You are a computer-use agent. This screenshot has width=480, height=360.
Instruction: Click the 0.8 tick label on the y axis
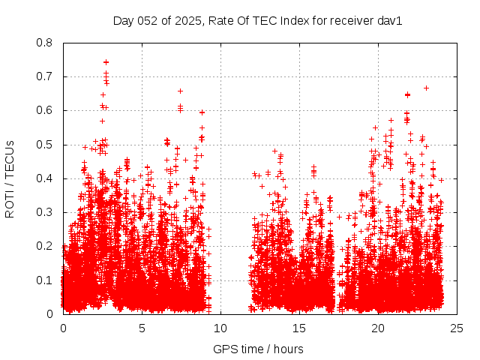46,43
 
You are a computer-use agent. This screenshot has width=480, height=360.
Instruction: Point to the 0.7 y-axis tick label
46,76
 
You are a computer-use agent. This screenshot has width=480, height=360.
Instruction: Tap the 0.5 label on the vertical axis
46,144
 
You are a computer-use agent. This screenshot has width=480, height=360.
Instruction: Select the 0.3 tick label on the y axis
46,212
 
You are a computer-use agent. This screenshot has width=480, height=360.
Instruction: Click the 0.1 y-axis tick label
46,280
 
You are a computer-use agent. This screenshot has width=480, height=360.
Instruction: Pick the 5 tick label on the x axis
142,328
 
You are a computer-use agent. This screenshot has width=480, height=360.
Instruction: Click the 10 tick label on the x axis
220,328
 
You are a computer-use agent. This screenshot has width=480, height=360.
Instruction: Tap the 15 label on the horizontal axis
299,328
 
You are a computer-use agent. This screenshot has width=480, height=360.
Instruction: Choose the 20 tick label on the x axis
378,328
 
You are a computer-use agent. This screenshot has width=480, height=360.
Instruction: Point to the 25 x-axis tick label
457,328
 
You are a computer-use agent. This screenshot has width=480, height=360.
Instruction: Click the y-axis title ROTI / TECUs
10,178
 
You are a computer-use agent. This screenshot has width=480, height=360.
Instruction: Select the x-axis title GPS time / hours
258,349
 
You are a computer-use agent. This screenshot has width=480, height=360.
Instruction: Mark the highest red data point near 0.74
106,62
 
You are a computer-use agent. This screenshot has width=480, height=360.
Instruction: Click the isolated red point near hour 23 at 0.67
426,88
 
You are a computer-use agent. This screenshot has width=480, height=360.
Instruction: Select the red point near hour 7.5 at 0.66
180,91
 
